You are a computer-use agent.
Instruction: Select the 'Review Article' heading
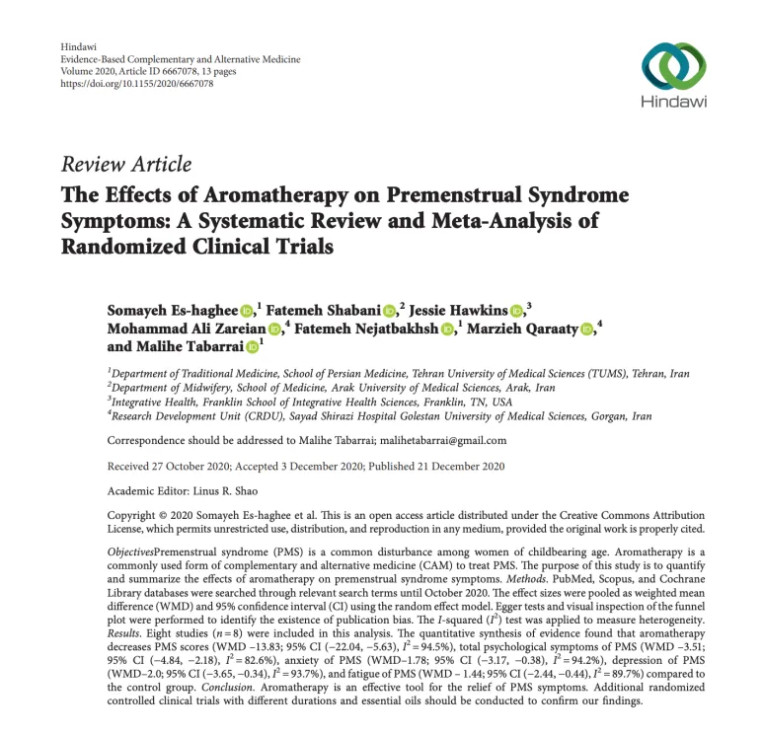[126, 165]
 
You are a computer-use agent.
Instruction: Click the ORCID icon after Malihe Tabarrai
[252, 347]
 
